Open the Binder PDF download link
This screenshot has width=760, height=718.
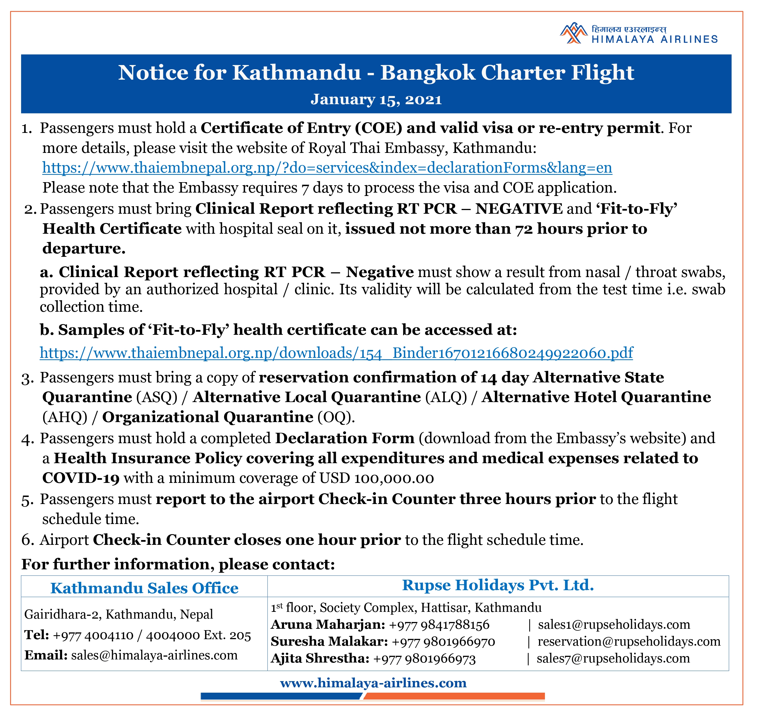pyautogui.click(x=336, y=353)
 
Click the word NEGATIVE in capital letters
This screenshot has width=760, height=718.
pyautogui.click(x=519, y=209)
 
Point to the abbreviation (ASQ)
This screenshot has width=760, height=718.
pyautogui.click(x=157, y=397)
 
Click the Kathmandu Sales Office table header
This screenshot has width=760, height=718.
pyautogui.click(x=144, y=588)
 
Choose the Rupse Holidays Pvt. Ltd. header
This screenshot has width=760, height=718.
pyautogui.click(x=498, y=585)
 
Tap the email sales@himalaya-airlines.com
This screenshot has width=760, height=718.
pyautogui.click(x=154, y=655)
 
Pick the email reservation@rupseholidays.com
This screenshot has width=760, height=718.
pyautogui.click(x=629, y=641)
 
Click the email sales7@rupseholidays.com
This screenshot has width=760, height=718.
pyautogui.click(x=613, y=658)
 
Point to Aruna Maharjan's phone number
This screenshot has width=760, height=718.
pyautogui.click(x=439, y=625)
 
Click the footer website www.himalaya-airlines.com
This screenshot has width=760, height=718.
pyautogui.click(x=373, y=683)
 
